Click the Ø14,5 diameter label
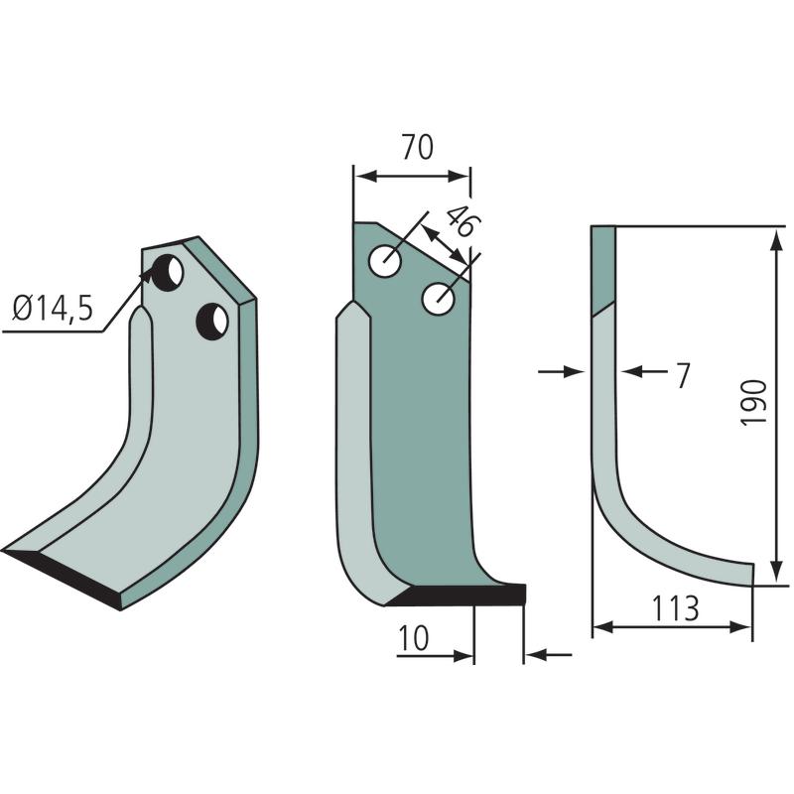click(54, 308)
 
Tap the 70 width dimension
click(418, 147)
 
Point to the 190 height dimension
click(754, 403)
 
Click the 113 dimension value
click(676, 608)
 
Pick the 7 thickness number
click(683, 376)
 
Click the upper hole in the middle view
click(385, 262)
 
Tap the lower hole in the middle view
click(438, 299)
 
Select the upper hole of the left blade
click(166, 274)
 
